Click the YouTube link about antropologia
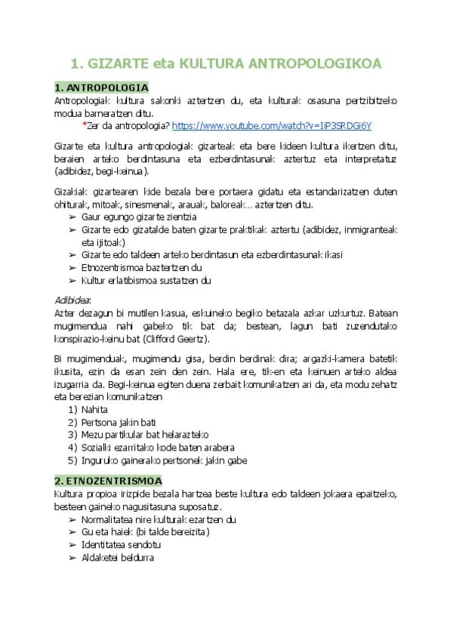point(272,125)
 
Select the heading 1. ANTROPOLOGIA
point(101,88)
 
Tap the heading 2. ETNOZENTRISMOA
point(107,480)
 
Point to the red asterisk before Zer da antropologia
point(84,125)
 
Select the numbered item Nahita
point(94,409)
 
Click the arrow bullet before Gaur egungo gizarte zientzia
point(72,217)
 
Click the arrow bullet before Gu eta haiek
point(72,531)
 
